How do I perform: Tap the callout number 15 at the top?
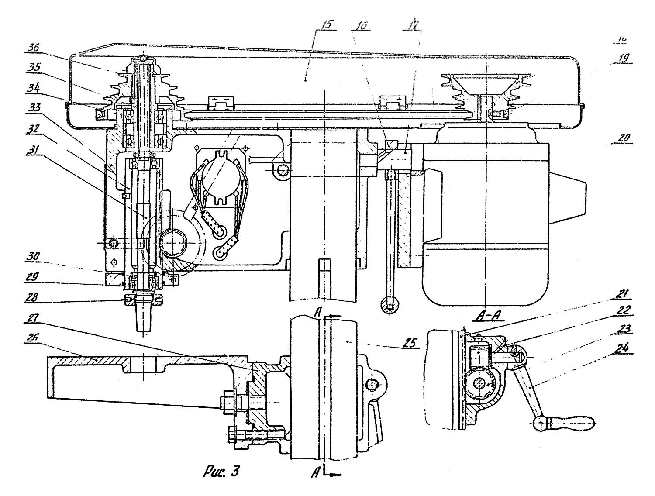tap(325, 25)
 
